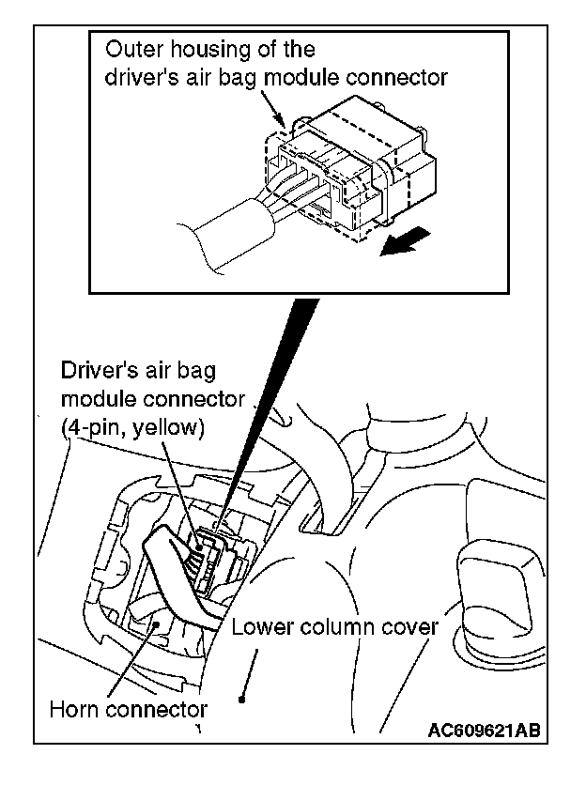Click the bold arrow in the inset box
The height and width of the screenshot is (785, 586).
[399, 244]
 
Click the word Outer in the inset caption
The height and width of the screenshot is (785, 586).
[128, 49]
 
